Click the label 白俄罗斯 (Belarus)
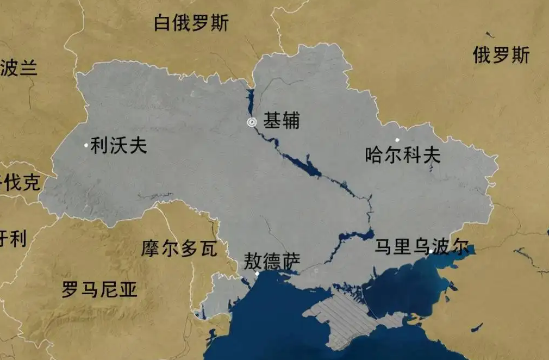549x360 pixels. tap(191, 23)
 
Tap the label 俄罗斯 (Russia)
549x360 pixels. tap(501, 55)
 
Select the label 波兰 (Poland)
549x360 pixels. tap(18, 68)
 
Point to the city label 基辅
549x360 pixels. tap(281, 121)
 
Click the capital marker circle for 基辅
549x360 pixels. tap(252, 122)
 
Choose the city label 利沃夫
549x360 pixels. tap(118, 145)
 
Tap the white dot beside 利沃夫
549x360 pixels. tap(86, 145)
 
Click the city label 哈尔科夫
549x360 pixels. tap(403, 156)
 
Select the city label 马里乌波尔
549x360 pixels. tap(421, 247)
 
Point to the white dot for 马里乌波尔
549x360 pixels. tap(430, 251)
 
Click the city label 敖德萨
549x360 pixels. tap(272, 261)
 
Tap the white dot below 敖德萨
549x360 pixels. tap(257, 274)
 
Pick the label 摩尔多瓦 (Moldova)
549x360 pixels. tap(179, 249)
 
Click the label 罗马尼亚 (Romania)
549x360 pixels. tap(99, 290)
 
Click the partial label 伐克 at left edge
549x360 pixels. tap(21, 183)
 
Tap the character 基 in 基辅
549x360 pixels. tap(272, 121)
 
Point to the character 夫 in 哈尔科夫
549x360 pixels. tap(432, 156)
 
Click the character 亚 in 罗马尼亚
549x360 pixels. tap(128, 290)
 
